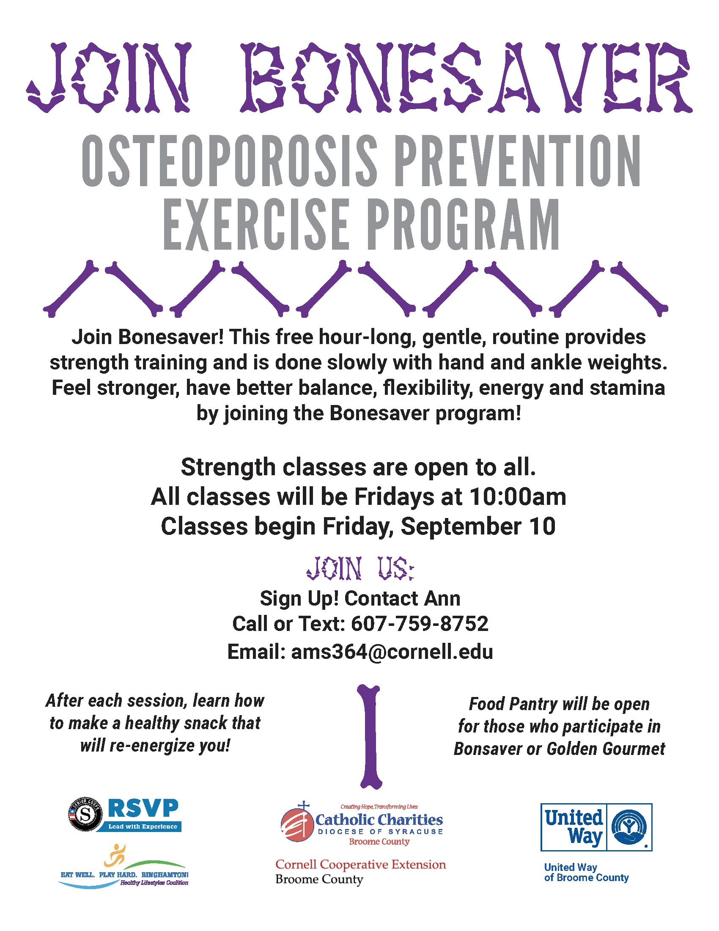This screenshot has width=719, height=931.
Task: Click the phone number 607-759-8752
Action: pyautogui.click(x=420, y=624)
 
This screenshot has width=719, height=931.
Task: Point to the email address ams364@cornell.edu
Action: pyautogui.click(x=392, y=651)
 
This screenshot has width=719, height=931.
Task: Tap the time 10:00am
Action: pyautogui.click(x=518, y=497)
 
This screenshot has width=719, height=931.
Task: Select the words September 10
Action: pyautogui.click(x=478, y=526)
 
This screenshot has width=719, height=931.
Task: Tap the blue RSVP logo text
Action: pyautogui.click(x=143, y=808)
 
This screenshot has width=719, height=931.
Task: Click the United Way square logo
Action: pyautogui.click(x=596, y=827)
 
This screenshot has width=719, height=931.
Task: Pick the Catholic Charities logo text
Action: pyautogui.click(x=379, y=820)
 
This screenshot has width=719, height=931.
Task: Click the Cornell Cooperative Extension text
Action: pyautogui.click(x=360, y=865)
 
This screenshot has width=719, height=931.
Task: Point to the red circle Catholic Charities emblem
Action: pyautogui.click(x=297, y=825)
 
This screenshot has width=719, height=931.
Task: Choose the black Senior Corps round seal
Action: pyautogui.click(x=85, y=815)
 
